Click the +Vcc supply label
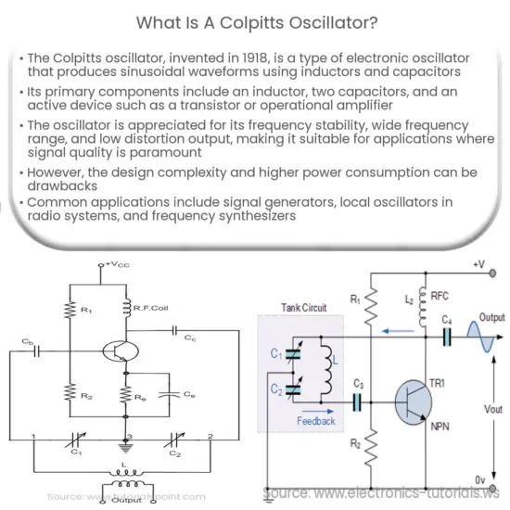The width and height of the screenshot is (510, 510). click(x=117, y=265)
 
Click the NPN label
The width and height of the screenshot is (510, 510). click(x=439, y=429)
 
